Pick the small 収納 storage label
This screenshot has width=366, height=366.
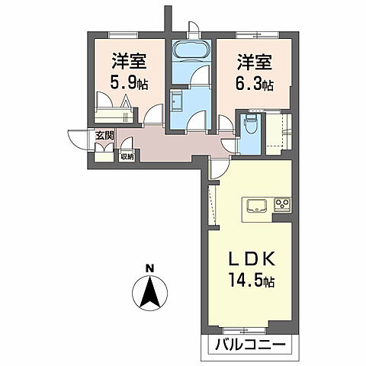coord(127,156)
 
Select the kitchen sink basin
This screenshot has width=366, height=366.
coord(255,204)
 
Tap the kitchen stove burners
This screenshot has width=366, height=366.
coord(282,204)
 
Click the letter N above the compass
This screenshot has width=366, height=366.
coord(151,268)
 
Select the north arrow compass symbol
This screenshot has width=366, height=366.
coord(151,291)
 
